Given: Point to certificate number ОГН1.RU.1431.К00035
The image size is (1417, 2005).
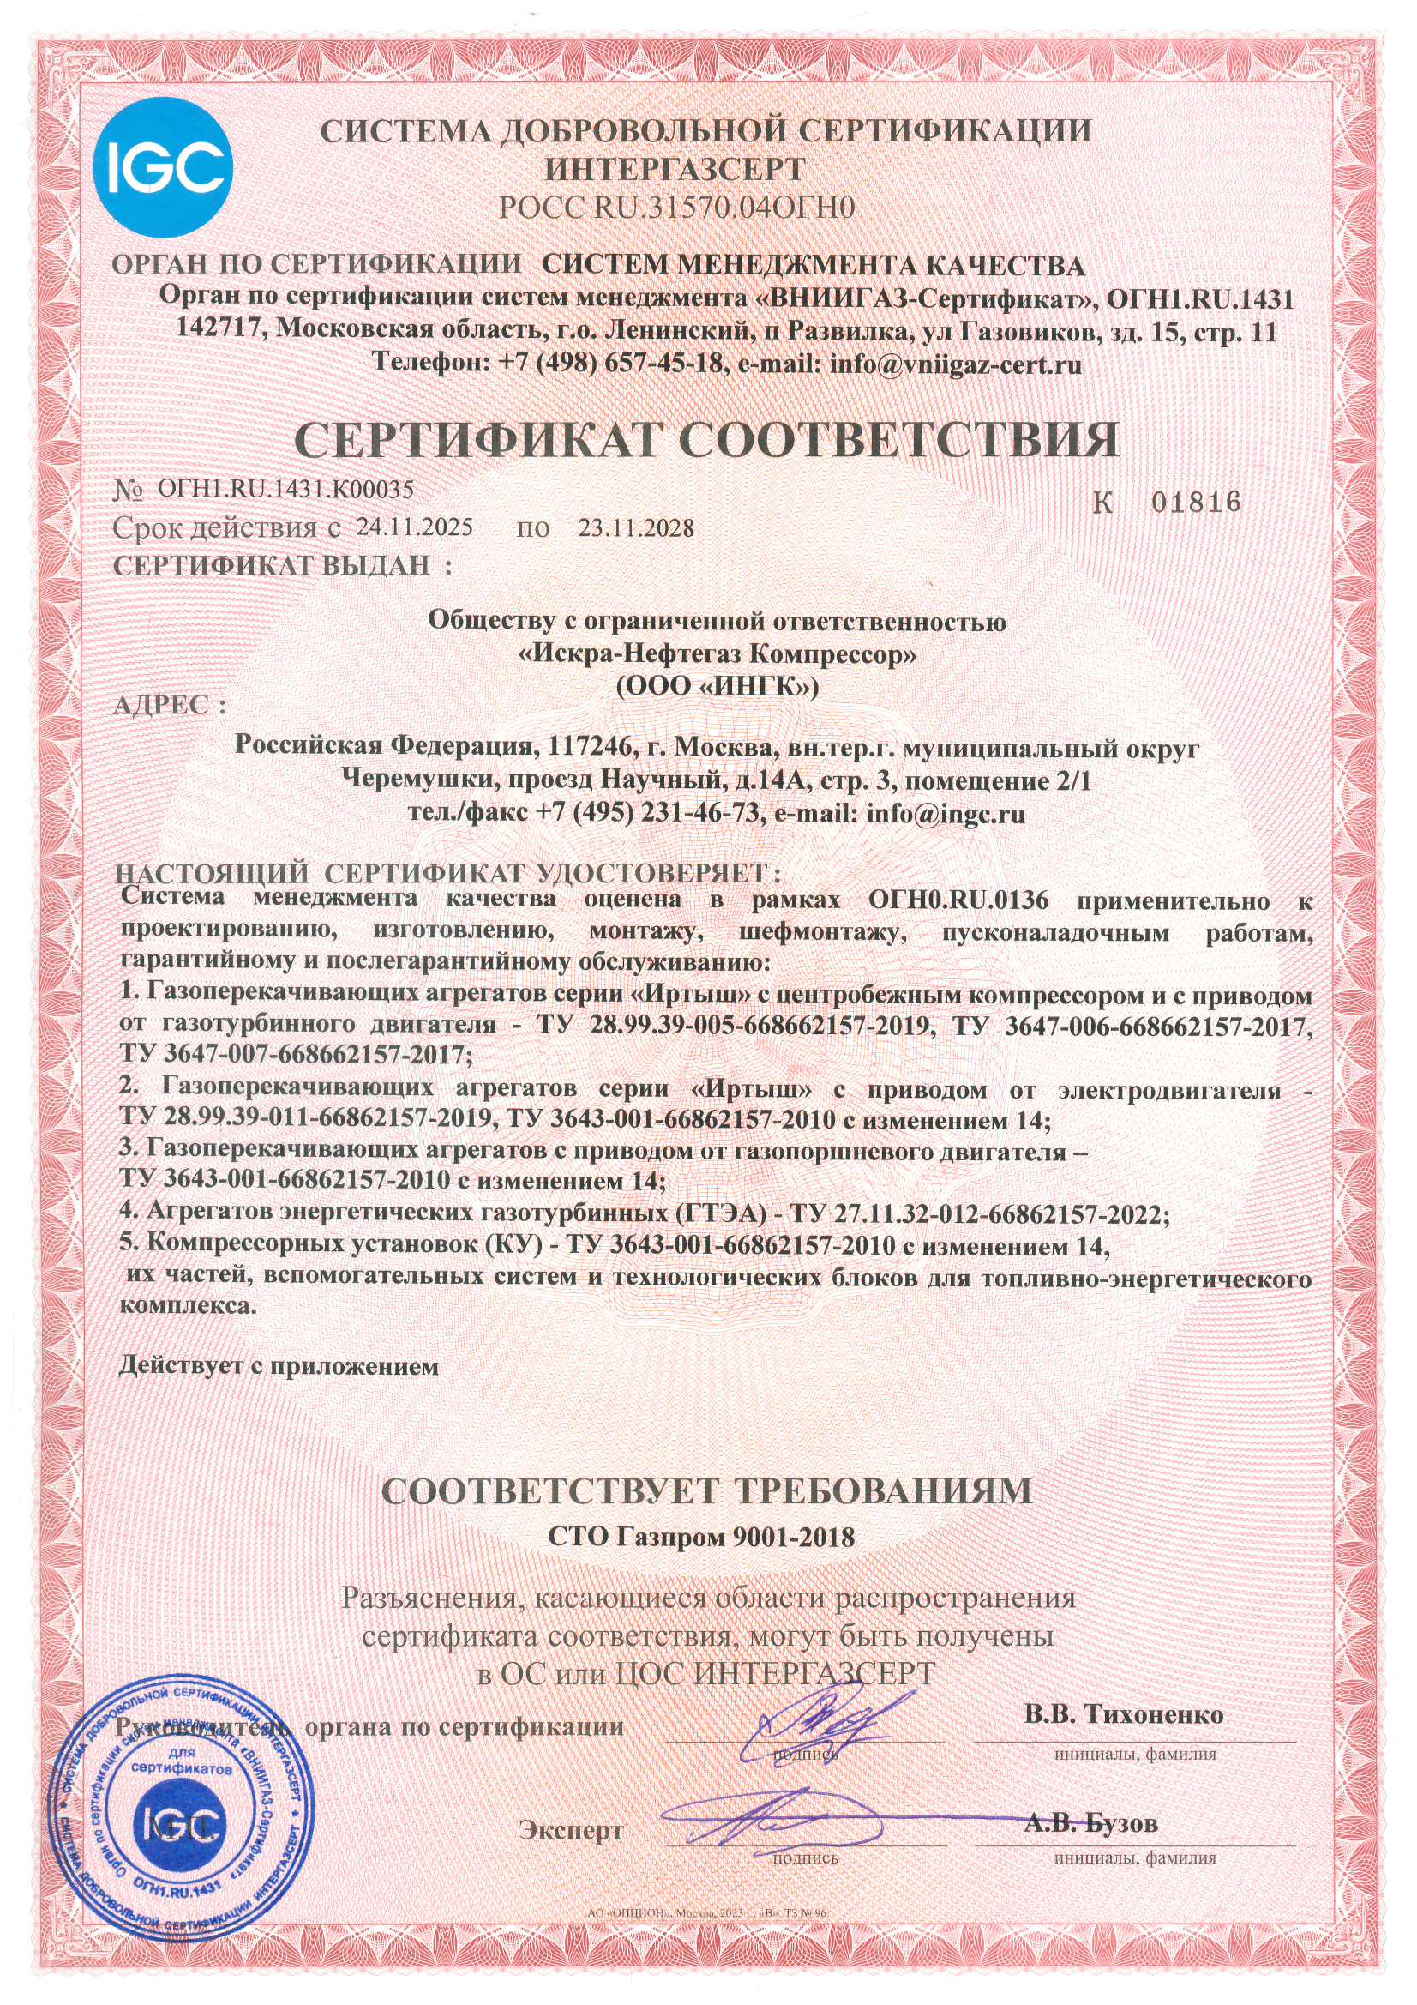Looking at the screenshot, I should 285,489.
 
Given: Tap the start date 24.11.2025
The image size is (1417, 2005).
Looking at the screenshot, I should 415,527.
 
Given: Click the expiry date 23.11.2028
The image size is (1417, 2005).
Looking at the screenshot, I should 636,528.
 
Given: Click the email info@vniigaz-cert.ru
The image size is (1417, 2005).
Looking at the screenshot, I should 955,364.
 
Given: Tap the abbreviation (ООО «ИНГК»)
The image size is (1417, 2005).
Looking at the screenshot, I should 717,687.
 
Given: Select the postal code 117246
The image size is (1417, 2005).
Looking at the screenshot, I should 584,748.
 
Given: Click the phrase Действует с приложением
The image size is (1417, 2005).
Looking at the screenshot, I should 279,1367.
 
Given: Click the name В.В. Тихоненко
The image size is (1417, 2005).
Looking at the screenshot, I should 1124,1714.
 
